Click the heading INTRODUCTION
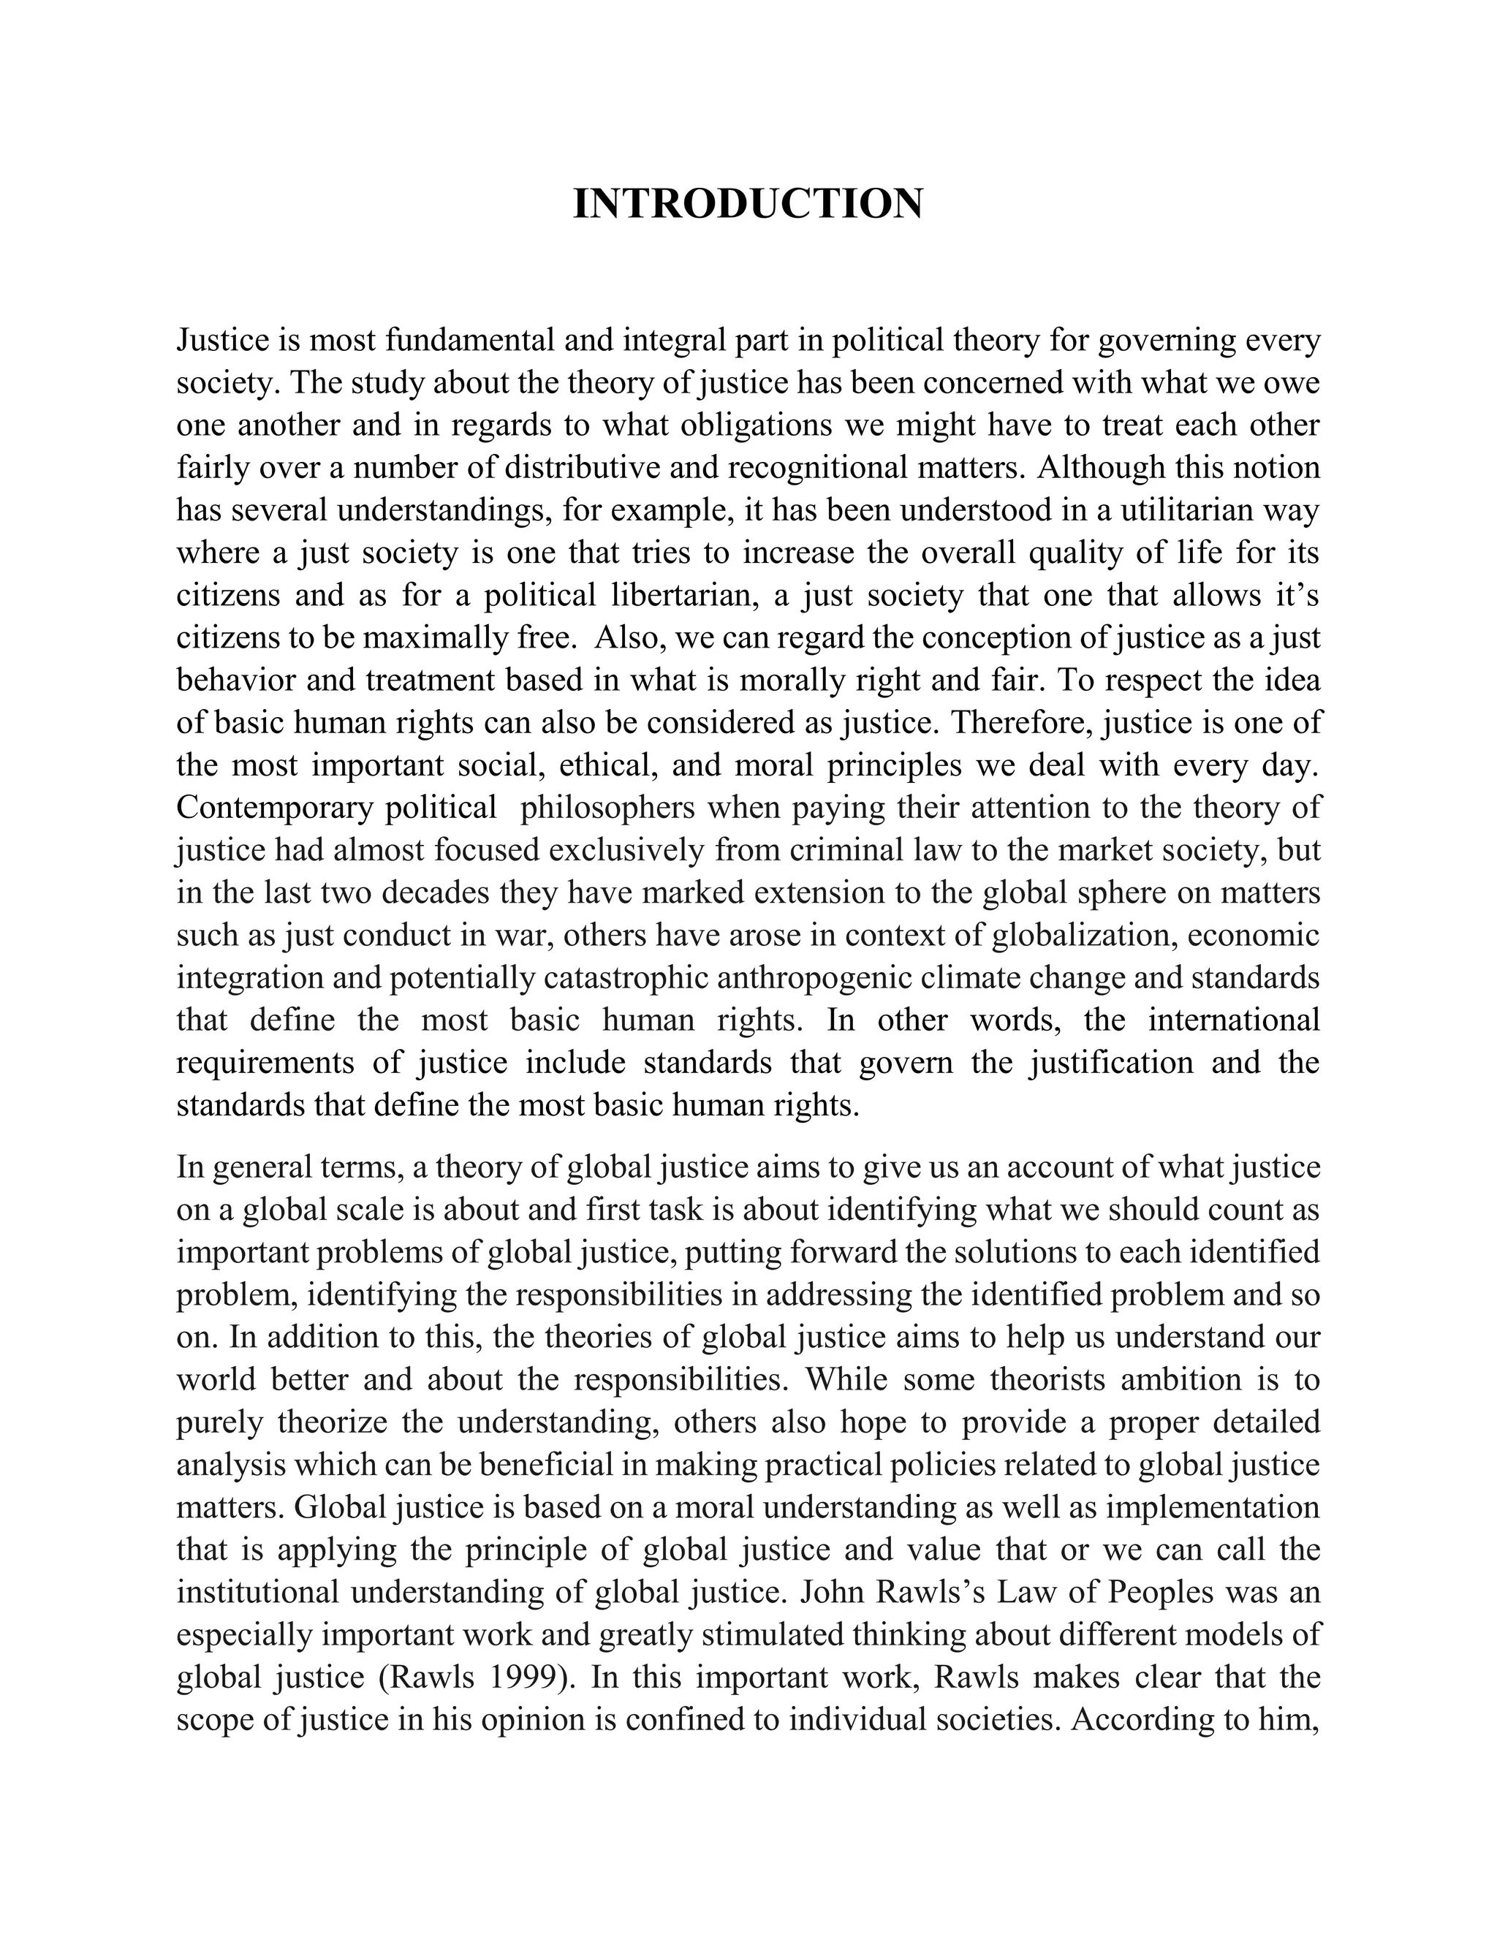pos(748,205)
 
